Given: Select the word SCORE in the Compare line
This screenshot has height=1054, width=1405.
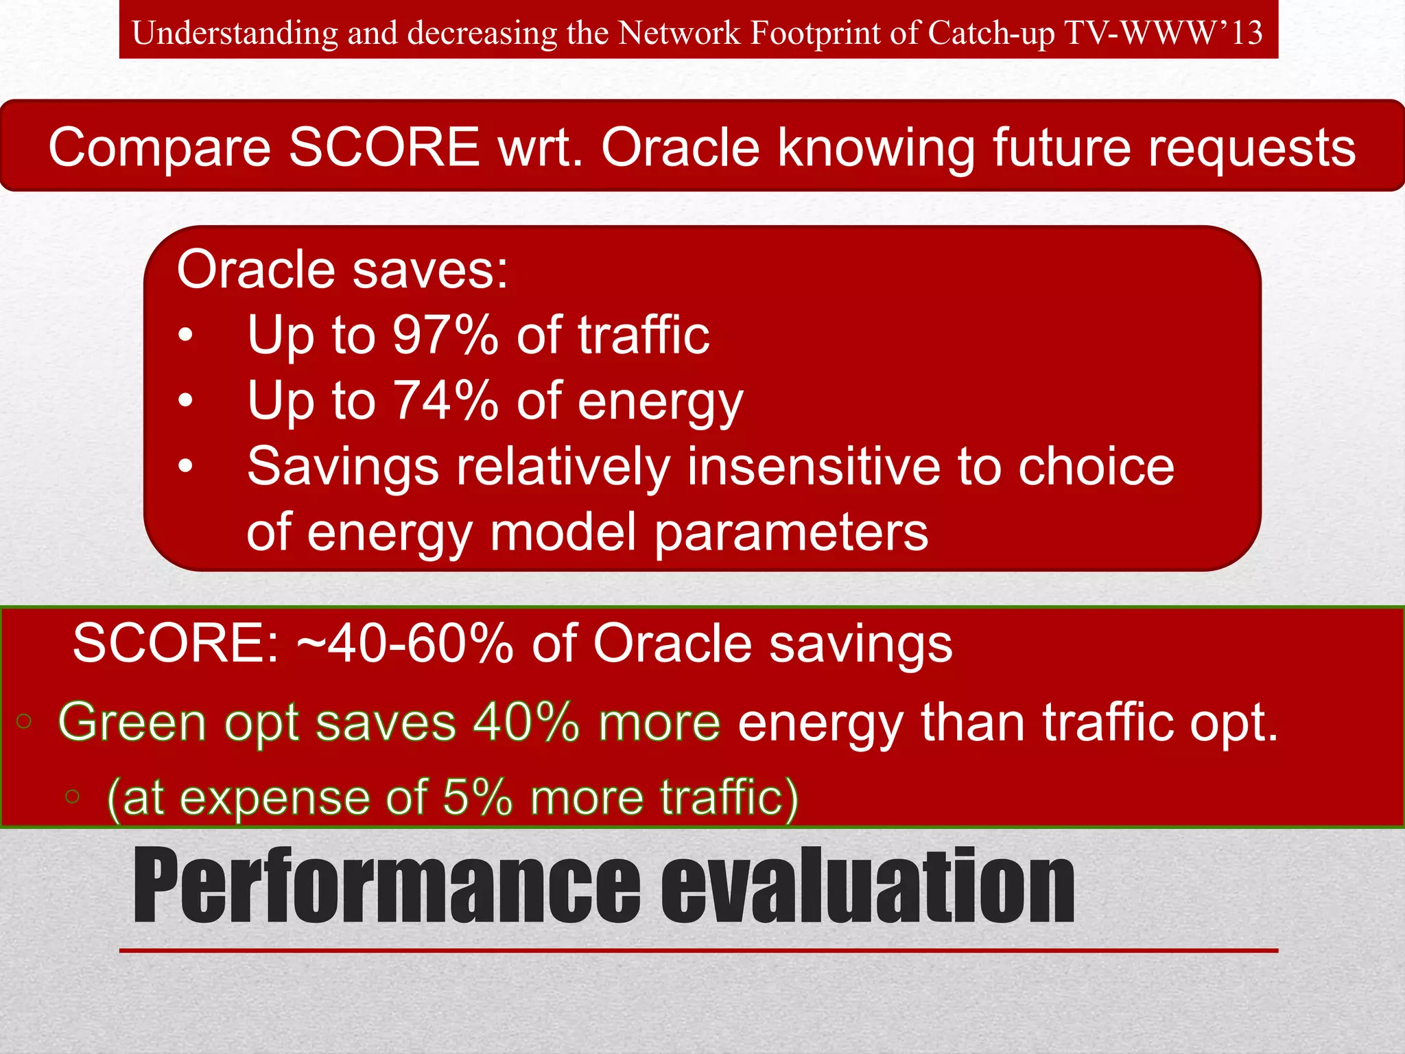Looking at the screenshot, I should point(383,147).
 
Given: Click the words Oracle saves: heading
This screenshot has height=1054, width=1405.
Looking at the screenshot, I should point(342,269).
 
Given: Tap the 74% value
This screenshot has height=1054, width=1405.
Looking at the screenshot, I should point(445,401).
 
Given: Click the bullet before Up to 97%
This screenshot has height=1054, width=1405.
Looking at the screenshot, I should point(185,336).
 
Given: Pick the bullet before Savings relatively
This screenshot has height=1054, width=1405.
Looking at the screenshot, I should point(185,467).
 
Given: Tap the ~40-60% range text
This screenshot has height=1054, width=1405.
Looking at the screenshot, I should point(405,644).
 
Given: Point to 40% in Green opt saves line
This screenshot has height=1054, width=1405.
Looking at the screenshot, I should point(527,722).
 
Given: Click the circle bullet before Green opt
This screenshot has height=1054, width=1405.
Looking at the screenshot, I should point(24,721).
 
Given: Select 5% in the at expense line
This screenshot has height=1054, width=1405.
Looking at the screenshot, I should point(477,797).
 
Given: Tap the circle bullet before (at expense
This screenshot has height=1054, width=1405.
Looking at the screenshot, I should point(72,797).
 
